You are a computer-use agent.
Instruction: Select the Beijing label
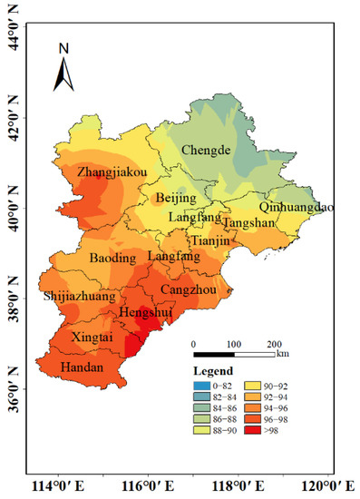(176, 198)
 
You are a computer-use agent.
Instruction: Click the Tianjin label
(210, 241)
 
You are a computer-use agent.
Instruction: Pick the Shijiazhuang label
(79, 297)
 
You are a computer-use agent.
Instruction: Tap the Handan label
(82, 367)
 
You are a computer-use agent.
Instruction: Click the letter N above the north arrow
(63, 47)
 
